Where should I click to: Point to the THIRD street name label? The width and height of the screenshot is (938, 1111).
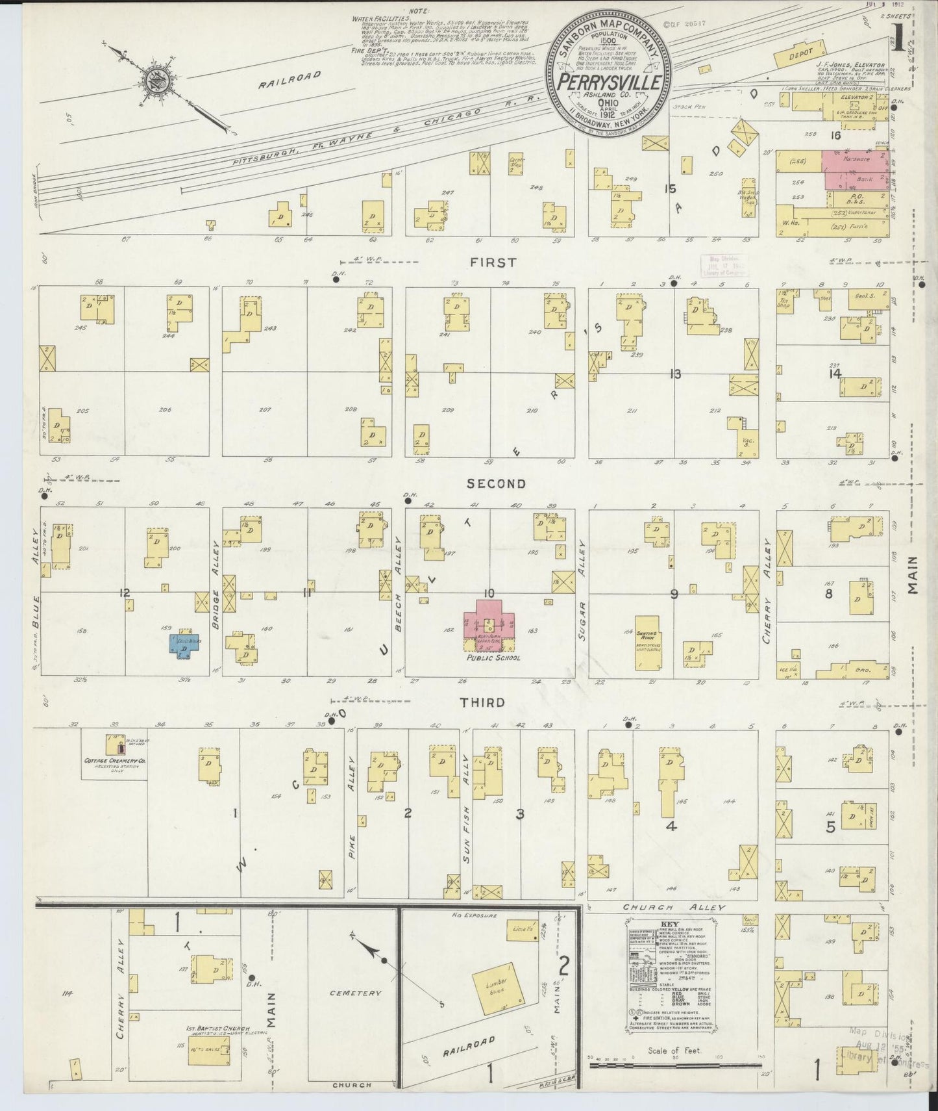coord(482,702)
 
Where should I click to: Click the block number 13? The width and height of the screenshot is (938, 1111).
coord(676,374)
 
